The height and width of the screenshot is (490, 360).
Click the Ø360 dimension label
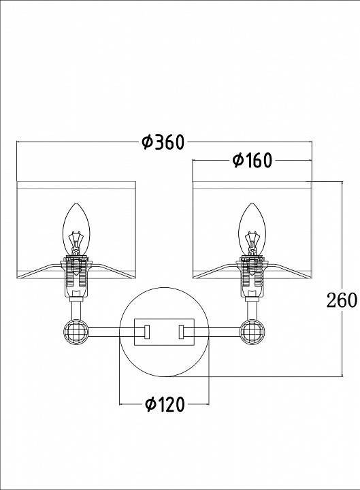(163, 142)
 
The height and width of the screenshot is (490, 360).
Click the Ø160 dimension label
(252, 161)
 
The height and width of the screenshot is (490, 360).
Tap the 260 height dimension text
(342, 300)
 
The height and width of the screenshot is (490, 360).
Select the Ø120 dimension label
(165, 404)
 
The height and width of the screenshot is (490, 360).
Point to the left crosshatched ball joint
(76, 331)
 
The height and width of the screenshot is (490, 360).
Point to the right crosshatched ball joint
(252, 331)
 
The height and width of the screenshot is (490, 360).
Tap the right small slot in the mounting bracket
(181, 332)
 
